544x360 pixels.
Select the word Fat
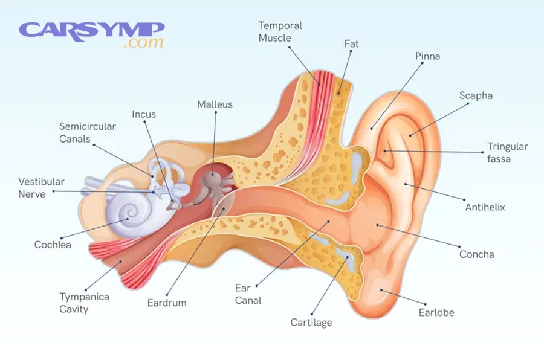point(351,43)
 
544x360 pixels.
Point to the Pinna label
point(427,56)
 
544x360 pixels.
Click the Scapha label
point(476,95)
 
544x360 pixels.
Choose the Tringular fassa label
point(507,152)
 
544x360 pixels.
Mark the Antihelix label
point(485,207)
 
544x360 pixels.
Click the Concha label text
point(476,254)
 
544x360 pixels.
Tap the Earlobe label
point(436,312)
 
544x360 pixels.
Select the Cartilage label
point(311,322)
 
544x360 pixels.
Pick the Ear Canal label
point(248,294)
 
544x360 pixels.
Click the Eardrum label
point(167,303)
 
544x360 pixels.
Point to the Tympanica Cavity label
point(84,303)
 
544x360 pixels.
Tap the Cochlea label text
point(53,245)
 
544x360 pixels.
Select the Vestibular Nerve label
point(41,188)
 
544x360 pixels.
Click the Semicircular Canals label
point(88,132)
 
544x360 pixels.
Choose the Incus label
point(144,114)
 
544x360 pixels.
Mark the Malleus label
point(215,104)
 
